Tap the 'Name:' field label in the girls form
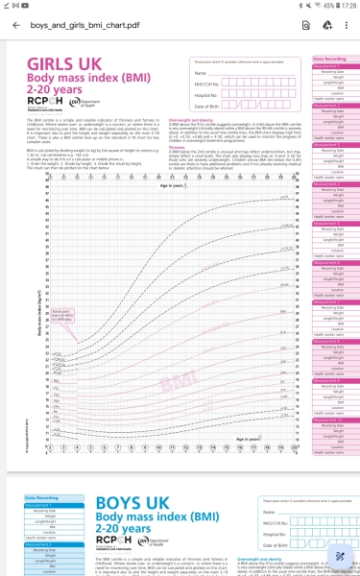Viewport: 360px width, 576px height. point(200,73)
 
